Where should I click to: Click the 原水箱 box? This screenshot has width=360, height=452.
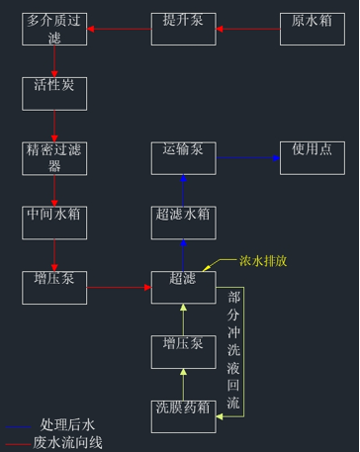click(313, 28)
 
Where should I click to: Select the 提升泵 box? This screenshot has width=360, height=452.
click(183, 28)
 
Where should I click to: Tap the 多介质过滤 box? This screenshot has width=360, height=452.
click(54, 28)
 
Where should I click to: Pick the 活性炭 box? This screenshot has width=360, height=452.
click(54, 92)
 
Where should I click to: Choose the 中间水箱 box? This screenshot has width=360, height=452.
click(54, 223)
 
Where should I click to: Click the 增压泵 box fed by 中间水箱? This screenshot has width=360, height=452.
click(54, 287)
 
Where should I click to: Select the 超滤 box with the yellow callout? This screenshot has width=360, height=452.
click(183, 287)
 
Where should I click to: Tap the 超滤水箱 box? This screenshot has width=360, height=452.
click(183, 223)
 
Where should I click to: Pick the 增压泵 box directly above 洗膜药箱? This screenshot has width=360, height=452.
click(183, 352)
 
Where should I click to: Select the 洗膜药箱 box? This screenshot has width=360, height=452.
click(183, 416)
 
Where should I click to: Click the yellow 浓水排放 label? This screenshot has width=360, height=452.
click(263, 261)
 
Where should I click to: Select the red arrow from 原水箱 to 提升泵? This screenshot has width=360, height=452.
click(247, 29)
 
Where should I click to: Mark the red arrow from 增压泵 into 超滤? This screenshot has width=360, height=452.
click(119, 289)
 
